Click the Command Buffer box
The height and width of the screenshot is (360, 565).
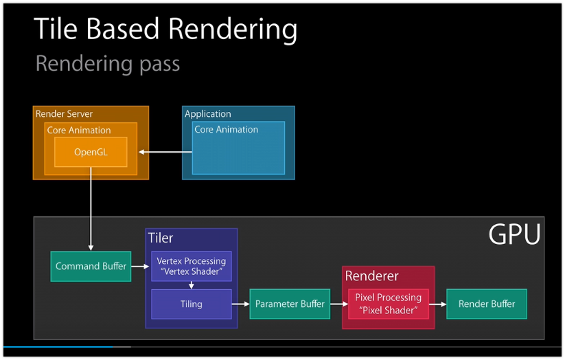91,266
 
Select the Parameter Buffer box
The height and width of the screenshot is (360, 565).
290,304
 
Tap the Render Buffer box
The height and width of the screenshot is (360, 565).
487,304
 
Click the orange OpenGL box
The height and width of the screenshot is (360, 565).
91,151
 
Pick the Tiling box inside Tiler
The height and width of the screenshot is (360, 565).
191,304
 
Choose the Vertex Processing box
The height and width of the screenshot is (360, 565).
191,266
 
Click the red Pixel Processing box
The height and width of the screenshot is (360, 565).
388,304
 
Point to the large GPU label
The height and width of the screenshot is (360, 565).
514,235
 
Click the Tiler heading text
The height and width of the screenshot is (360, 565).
161,238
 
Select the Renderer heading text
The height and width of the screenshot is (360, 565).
371,276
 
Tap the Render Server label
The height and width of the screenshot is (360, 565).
64,113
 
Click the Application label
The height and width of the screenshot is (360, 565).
208,114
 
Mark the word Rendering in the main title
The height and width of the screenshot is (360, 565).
233,30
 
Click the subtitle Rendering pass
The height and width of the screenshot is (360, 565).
107,64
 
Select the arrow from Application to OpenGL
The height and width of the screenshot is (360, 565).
165,152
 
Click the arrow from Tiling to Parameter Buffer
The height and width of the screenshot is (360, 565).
240,304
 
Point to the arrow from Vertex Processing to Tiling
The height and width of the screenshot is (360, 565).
191,285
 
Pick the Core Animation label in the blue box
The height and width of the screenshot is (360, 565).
226,129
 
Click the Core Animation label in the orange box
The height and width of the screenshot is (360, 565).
78,130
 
